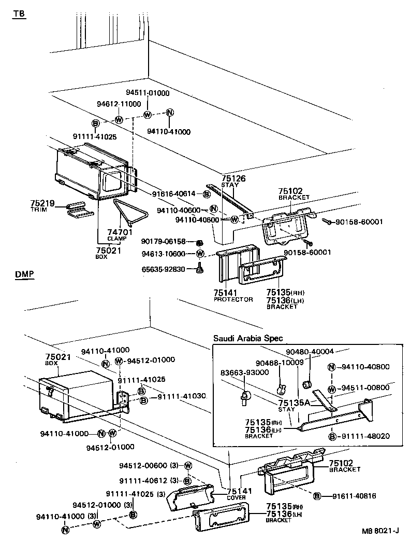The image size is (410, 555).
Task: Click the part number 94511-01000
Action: [148, 93]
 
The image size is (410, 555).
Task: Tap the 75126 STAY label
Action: [233, 181]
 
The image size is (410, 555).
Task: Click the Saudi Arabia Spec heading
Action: [248, 338]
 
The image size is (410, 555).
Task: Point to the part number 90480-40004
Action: [309, 351]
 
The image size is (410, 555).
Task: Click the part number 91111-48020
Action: [365, 436]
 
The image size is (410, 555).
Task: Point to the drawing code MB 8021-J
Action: [380, 531]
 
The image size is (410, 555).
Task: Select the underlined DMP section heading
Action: [25, 274]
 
